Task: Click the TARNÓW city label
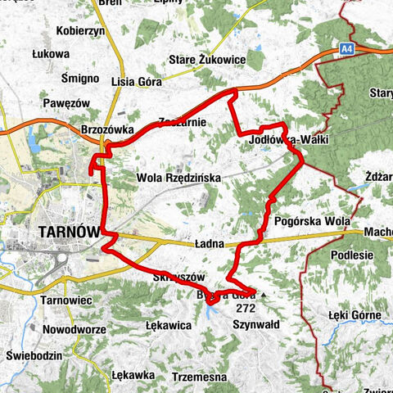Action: pyautogui.click(x=67, y=233)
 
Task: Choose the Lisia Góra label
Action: pyautogui.click(x=136, y=82)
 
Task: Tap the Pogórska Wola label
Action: pyautogui.click(x=313, y=221)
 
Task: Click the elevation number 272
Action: pyautogui.click(x=245, y=309)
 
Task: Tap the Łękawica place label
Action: pyautogui.click(x=168, y=325)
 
